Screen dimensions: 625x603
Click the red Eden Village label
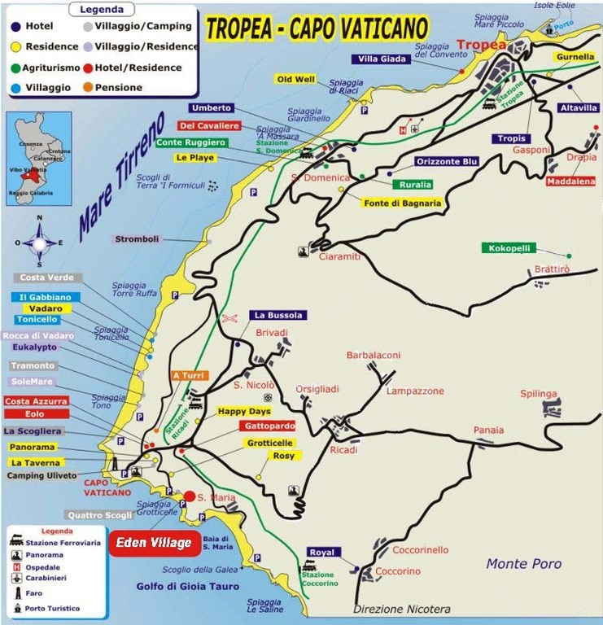click(x=153, y=543)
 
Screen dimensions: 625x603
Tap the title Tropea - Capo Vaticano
click(x=317, y=28)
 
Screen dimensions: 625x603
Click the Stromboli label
click(x=137, y=239)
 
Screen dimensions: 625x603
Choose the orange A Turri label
click(x=190, y=375)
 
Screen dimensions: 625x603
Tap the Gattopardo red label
click(x=268, y=426)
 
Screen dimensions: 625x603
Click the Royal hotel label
click(x=321, y=553)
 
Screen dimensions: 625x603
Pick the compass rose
click(x=39, y=242)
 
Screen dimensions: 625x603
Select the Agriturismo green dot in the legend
click(x=16, y=67)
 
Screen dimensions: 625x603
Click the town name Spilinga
click(x=539, y=394)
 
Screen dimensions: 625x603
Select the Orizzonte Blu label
click(x=447, y=161)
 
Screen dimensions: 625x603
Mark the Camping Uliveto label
click(x=42, y=475)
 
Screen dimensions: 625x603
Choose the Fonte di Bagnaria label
click(x=403, y=203)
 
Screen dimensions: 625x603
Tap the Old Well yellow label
click(x=295, y=79)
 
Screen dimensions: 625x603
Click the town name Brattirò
click(x=553, y=269)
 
